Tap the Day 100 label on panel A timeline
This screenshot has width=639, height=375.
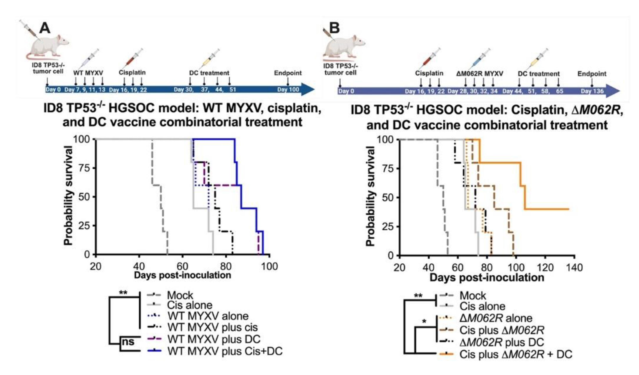288,89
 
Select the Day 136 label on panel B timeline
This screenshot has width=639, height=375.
592,91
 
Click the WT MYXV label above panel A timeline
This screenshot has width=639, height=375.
88,73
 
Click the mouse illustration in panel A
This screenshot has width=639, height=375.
48,46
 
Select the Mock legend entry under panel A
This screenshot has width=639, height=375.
180,295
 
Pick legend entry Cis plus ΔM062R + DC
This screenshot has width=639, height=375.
516,354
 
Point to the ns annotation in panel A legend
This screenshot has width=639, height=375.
128,342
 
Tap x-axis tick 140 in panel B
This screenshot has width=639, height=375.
574,267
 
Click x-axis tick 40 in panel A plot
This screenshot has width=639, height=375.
139,266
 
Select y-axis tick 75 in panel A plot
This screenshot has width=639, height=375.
84,168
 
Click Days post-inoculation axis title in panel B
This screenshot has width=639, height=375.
487,277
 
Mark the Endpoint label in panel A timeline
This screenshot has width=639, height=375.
288,73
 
